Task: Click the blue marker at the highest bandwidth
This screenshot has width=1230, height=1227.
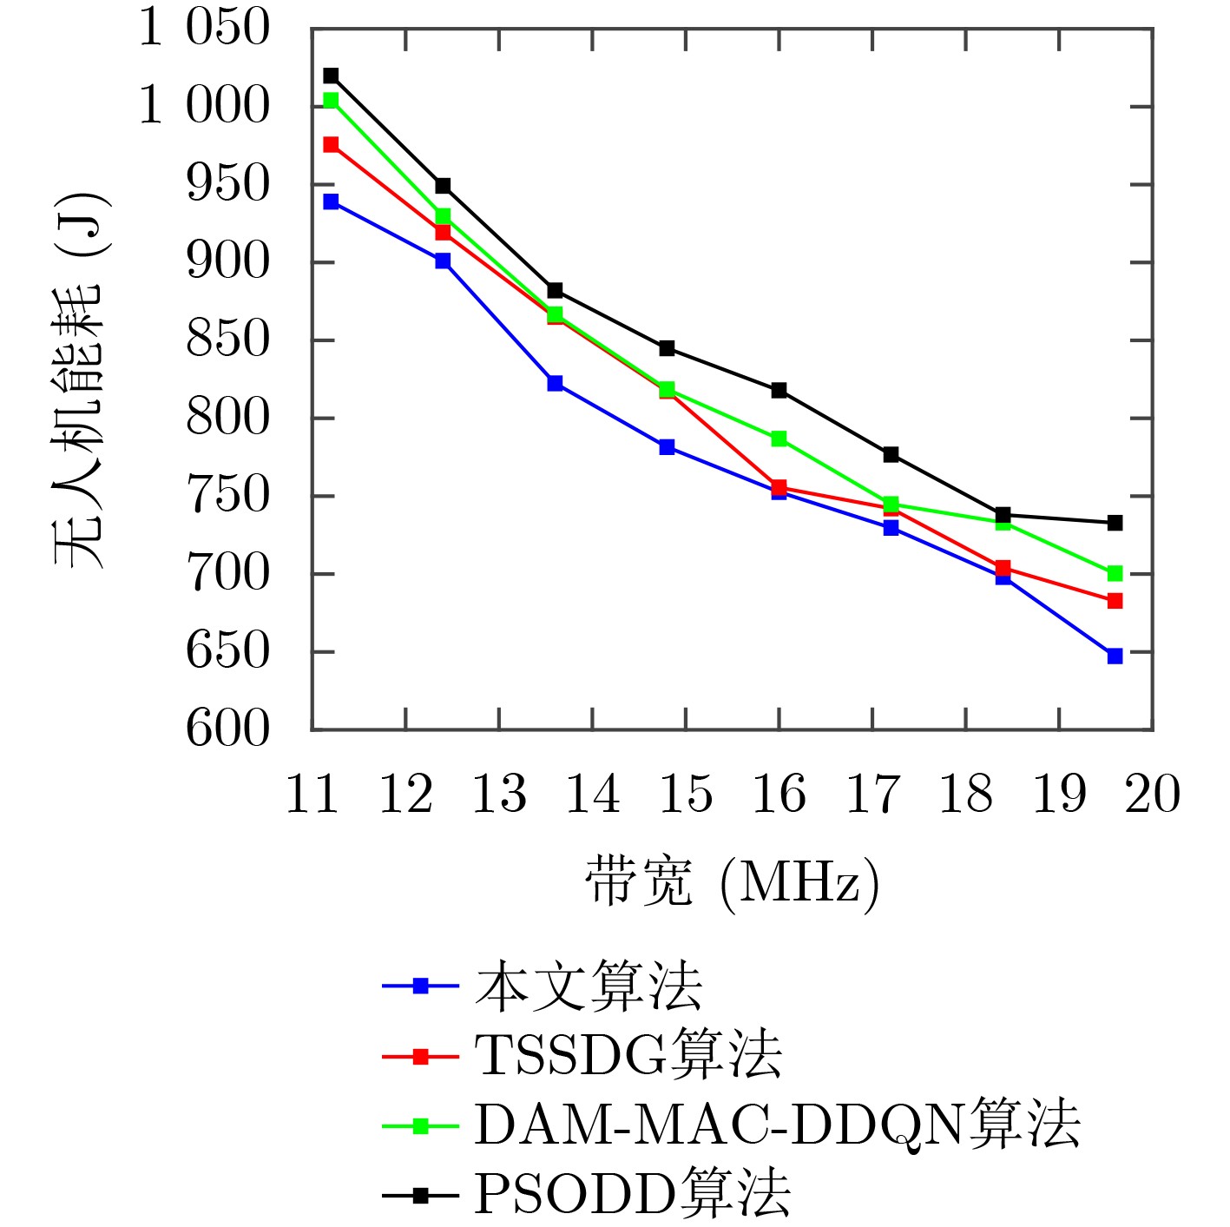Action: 1115,656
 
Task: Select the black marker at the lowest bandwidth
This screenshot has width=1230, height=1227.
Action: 331,76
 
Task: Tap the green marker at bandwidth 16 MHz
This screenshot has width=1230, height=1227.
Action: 779,439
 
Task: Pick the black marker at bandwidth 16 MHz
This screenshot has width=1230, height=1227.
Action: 779,390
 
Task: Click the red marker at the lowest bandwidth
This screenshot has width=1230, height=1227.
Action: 331,144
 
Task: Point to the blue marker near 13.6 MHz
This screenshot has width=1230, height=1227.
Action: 555,383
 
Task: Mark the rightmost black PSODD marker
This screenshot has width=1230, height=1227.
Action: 1115,523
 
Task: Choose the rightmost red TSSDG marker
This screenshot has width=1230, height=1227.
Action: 1115,601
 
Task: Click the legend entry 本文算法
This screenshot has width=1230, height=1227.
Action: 588,986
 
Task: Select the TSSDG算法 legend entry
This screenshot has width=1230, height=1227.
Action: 628,1056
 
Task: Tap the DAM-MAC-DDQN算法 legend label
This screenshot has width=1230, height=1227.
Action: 776,1125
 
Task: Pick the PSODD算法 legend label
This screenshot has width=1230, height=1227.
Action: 631,1195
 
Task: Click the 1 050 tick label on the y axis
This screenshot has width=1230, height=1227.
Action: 205,28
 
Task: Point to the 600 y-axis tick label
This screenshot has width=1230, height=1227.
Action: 228,729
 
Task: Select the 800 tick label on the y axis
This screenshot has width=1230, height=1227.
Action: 228,418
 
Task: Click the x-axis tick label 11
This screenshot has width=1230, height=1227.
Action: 312,794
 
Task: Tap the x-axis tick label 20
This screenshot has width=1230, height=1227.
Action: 1152,794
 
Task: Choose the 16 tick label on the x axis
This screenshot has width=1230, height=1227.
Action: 779,794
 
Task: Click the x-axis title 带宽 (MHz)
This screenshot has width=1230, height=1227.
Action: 732,883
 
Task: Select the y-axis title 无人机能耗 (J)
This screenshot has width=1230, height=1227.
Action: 80,379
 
